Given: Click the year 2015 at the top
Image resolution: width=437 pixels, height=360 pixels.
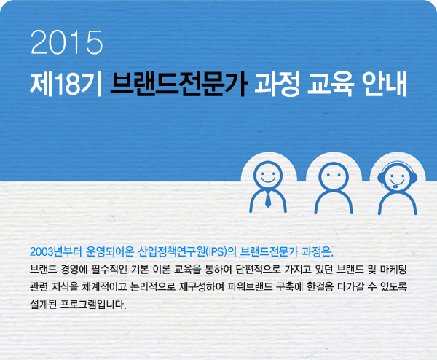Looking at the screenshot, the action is click(x=66, y=42).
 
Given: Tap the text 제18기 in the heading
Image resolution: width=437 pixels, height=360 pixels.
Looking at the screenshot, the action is click(x=66, y=84).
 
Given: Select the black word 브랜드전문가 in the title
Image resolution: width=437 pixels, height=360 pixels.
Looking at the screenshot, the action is click(x=178, y=84).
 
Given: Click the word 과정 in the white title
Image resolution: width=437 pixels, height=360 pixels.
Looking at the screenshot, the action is click(x=277, y=84).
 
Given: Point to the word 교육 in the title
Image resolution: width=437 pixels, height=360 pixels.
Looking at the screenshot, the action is click(x=331, y=84).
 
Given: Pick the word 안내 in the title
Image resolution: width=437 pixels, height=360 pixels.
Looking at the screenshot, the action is click(x=385, y=84).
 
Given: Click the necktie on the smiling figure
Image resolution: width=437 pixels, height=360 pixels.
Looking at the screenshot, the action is click(x=268, y=200).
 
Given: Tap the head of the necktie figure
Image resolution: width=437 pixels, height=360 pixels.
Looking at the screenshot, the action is click(x=268, y=176).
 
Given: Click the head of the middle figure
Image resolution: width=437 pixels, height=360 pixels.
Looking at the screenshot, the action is click(x=334, y=177).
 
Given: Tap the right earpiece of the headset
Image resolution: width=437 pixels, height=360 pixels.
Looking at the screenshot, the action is click(x=414, y=178).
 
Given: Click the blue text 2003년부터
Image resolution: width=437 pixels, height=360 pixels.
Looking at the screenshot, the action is click(x=56, y=252).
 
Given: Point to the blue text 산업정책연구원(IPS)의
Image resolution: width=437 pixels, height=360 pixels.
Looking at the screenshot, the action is click(x=187, y=252).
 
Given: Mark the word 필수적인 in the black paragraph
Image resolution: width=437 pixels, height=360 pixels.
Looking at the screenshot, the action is click(x=109, y=270).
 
